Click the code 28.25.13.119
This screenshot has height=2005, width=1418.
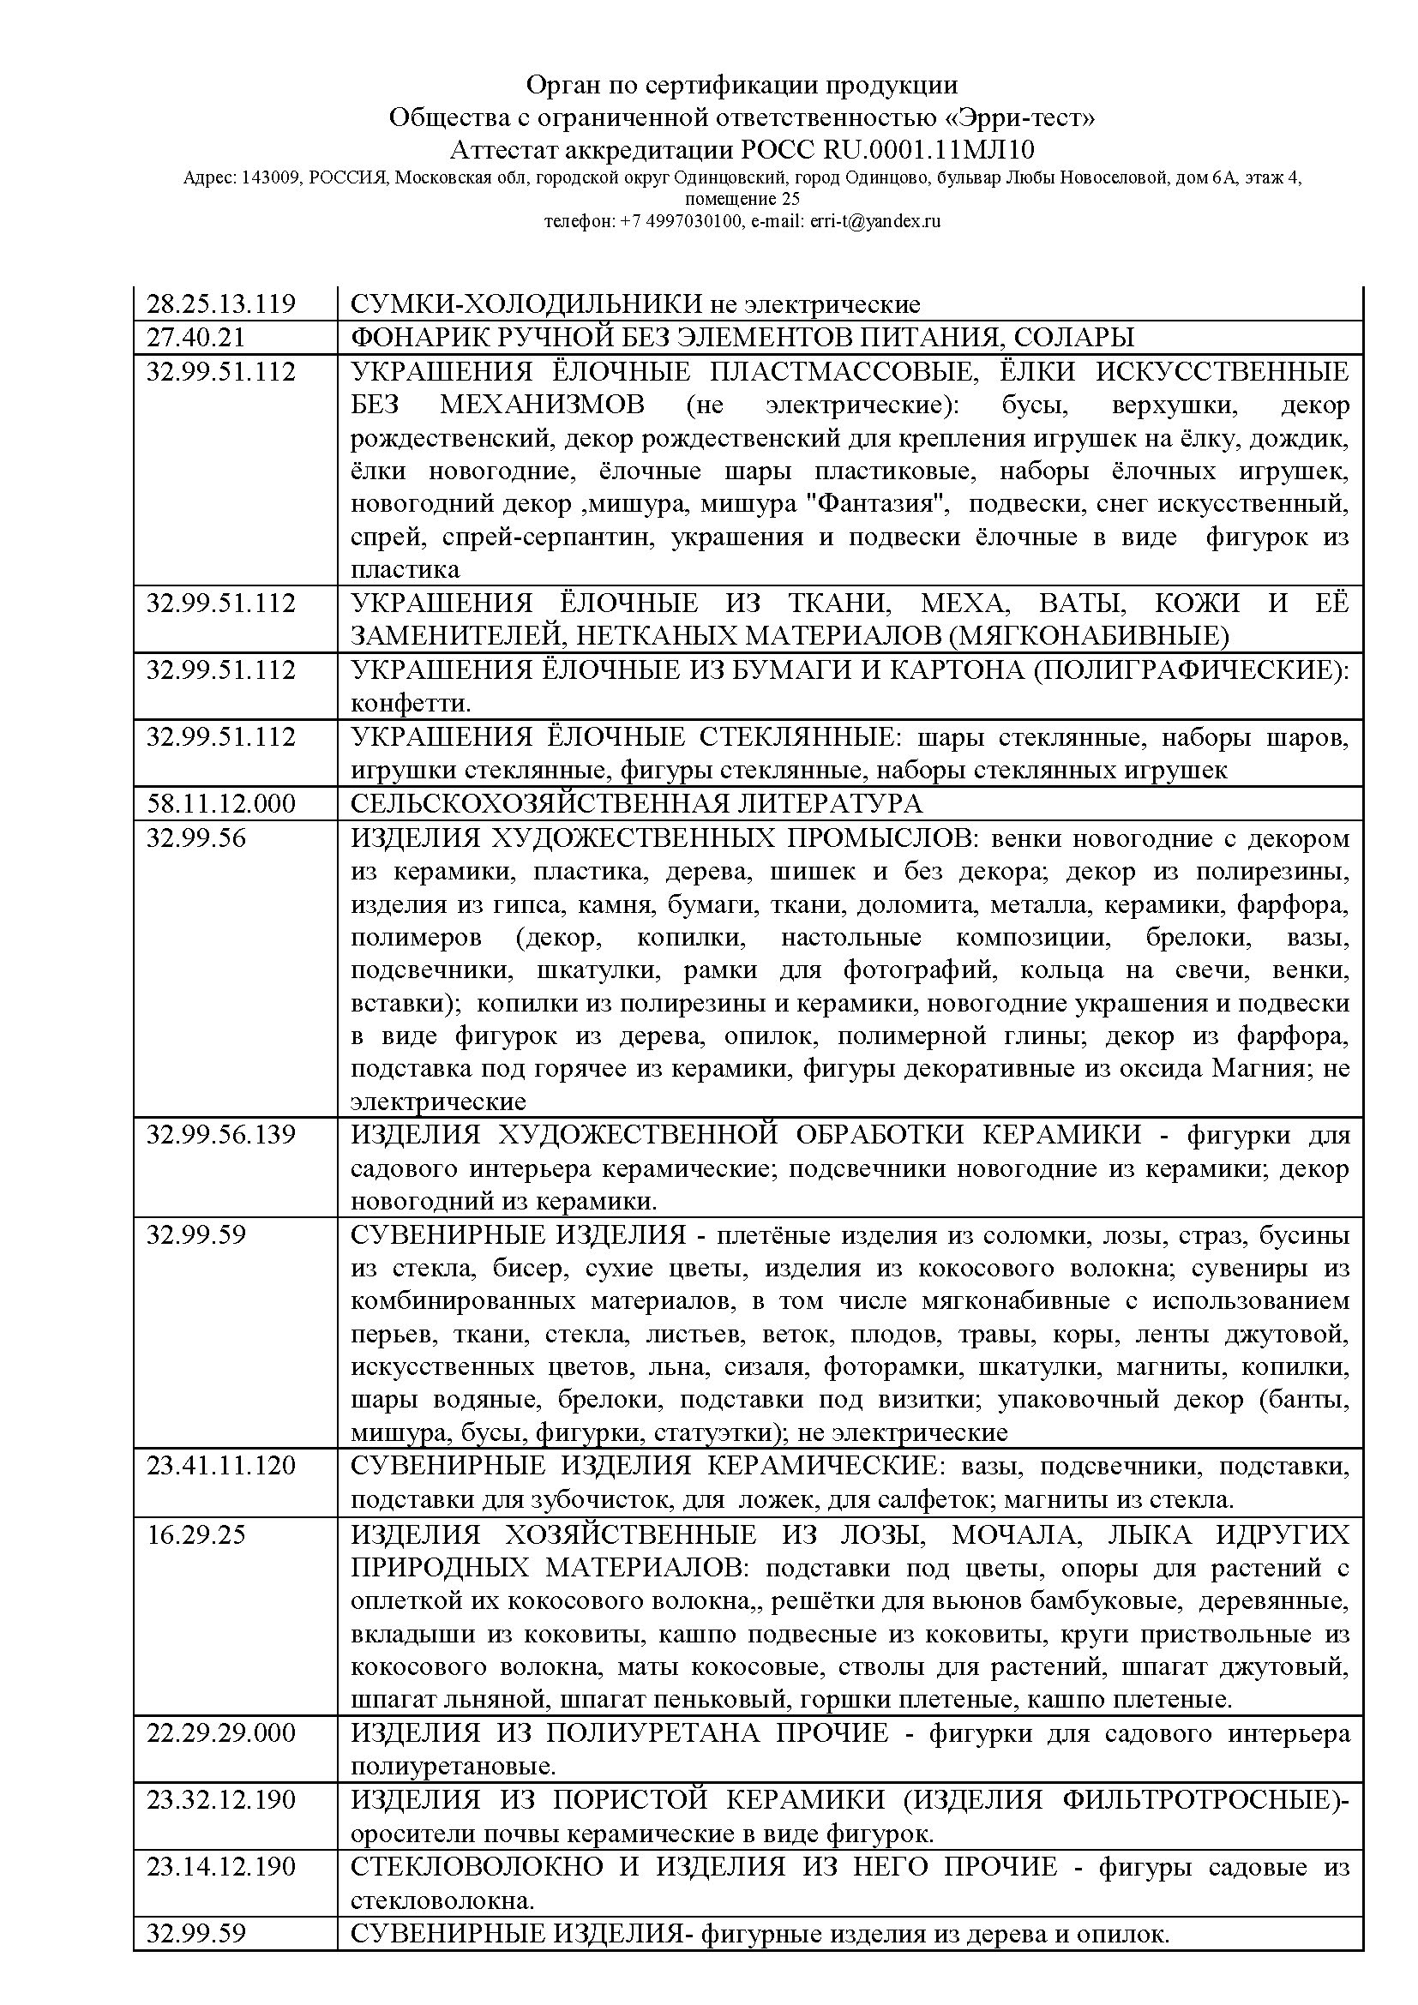click(x=221, y=304)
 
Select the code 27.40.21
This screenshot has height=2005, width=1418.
click(x=196, y=337)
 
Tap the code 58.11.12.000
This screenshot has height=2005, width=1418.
click(x=221, y=803)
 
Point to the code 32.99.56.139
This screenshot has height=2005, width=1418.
click(x=221, y=1135)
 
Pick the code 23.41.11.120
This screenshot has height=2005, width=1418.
click(x=221, y=1465)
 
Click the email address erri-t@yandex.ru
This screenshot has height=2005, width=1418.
click(x=876, y=222)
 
